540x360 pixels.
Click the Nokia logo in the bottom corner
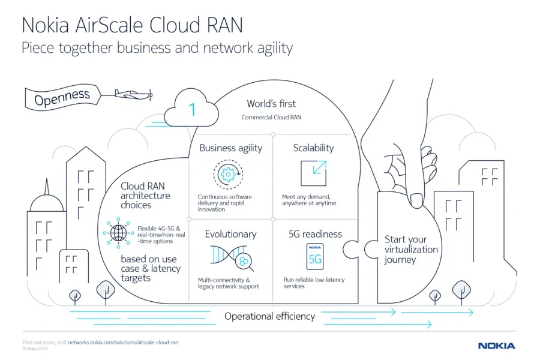tap(496, 346)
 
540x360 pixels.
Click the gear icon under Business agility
tap(227, 174)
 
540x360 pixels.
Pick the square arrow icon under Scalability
tap(313, 173)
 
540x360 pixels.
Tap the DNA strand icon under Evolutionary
tap(227, 255)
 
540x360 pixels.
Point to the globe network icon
tap(118, 232)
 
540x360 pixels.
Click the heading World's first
tap(271, 104)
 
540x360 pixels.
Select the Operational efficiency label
tap(269, 316)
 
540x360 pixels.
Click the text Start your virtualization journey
tap(411, 249)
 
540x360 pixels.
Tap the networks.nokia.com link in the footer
tap(123, 342)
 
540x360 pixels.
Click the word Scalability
tap(313, 148)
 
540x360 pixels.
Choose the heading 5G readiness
tap(315, 234)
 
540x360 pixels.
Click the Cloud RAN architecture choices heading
tap(145, 196)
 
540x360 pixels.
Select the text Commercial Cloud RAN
tap(271, 117)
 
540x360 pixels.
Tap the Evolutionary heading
tap(230, 234)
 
